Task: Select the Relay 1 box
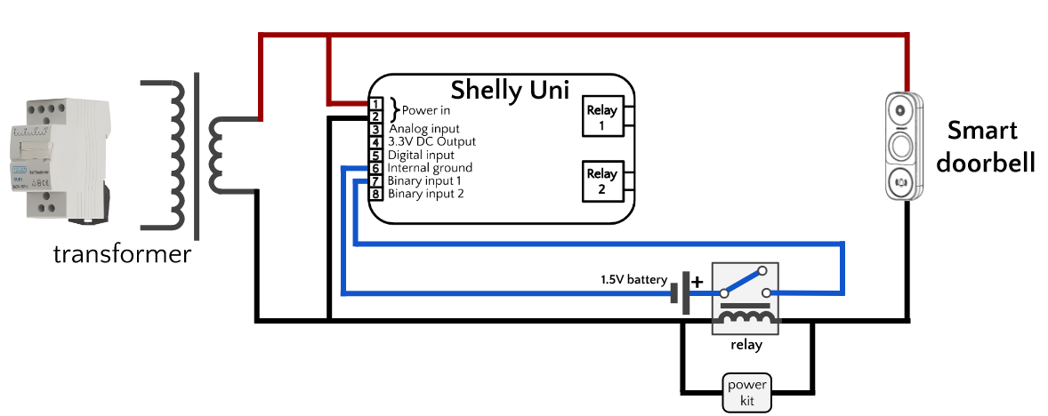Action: (601, 116)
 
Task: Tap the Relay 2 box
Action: (601, 181)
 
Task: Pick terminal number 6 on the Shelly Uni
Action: (376, 168)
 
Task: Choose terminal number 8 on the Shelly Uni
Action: (376, 193)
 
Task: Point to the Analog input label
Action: (424, 129)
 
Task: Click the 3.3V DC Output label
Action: (431, 141)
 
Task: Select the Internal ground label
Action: (431, 167)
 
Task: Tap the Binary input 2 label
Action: (426, 193)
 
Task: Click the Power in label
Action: (426, 111)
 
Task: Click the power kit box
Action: (746, 392)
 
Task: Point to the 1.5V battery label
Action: (633, 280)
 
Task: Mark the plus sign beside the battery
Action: (697, 282)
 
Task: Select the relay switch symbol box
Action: (746, 298)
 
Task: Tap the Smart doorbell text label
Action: (982, 147)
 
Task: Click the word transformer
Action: (122, 255)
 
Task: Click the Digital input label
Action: (423, 155)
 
